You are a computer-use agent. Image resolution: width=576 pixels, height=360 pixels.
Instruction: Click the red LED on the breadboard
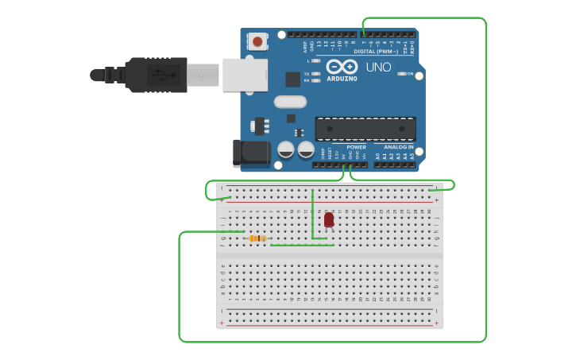point(329,219)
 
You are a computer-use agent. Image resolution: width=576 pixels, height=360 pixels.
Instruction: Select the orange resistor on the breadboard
point(257,238)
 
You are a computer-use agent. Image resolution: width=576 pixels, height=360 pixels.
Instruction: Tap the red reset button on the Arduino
point(257,41)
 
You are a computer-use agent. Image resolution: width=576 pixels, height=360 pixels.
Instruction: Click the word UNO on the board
point(378,68)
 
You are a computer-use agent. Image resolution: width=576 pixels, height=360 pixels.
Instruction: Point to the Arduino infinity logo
point(342,67)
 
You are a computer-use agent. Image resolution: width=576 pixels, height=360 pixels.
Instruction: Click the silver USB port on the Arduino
point(243,75)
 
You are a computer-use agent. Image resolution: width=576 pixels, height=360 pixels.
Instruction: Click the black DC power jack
point(247,153)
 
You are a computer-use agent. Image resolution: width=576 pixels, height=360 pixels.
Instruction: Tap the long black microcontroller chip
point(365,129)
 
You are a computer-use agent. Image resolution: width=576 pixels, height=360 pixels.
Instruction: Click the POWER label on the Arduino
point(357,147)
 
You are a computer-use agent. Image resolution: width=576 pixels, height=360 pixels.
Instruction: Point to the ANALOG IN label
point(398,147)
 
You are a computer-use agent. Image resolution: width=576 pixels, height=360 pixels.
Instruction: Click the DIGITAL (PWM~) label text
point(381,51)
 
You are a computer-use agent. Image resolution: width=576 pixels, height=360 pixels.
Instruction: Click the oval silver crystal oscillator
point(290,102)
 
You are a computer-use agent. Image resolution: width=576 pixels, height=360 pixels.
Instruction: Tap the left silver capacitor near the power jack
point(286,149)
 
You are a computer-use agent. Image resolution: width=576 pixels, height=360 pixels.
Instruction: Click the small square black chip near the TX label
point(292,79)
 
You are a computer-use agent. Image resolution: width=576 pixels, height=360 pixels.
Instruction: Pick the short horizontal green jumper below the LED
point(302,245)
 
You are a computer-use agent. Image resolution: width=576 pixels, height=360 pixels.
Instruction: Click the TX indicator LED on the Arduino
point(316,74)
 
